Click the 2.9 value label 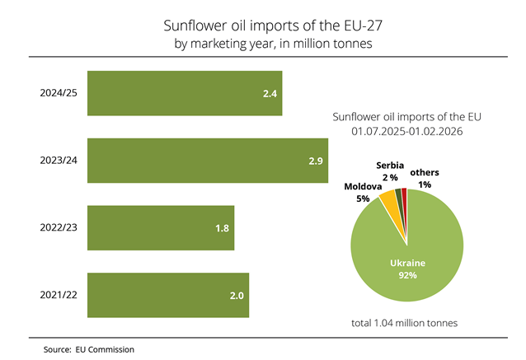315,160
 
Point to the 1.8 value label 222,227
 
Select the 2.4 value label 269,94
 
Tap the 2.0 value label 235,295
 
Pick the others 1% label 425,177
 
